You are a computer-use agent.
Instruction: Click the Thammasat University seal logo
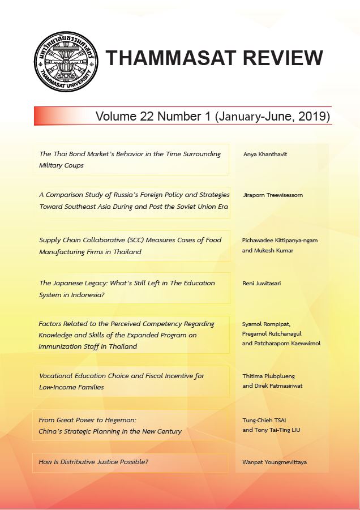click(x=66, y=61)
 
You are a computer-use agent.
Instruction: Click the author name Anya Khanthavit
click(x=265, y=154)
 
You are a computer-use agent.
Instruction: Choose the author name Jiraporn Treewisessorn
click(x=272, y=195)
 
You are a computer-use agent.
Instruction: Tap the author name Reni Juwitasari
click(x=263, y=283)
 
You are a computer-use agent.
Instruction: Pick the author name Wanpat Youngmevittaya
click(x=275, y=462)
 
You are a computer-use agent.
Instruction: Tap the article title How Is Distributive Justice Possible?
click(x=93, y=462)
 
